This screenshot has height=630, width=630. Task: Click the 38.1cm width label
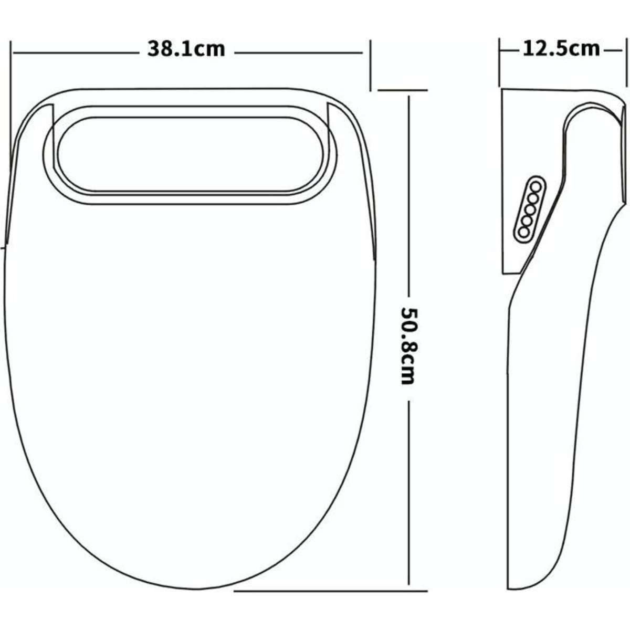pyautogui.click(x=186, y=49)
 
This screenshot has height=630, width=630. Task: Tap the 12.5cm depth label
pyautogui.click(x=561, y=49)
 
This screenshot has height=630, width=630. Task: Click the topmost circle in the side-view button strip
pyautogui.click(x=536, y=186)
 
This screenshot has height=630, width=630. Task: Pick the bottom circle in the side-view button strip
pyautogui.click(x=523, y=232)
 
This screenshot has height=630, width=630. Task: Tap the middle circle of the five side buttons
pyautogui.click(x=530, y=209)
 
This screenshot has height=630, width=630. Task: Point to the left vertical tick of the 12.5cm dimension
pyautogui.click(x=499, y=63)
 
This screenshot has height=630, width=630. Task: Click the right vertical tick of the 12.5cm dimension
pyautogui.click(x=626, y=63)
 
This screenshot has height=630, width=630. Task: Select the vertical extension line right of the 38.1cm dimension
pyautogui.click(x=371, y=63)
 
